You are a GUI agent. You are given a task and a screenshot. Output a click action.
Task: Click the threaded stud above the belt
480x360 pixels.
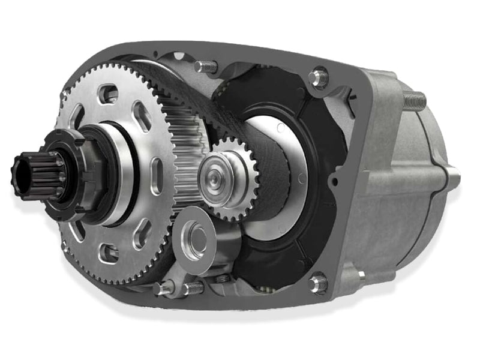(x=206, y=67)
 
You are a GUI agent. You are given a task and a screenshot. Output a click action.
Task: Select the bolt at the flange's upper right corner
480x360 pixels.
(x=319, y=77)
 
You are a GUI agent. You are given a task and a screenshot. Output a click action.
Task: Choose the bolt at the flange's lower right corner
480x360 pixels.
(x=318, y=283)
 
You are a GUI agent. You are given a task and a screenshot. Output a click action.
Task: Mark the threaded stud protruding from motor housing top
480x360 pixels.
(x=414, y=100)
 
